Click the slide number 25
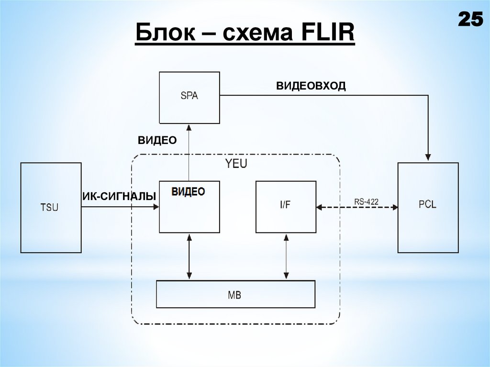[471, 20]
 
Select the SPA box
[189, 96]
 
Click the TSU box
[51, 207]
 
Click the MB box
[235, 294]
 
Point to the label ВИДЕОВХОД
[310, 86]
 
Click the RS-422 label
[366, 201]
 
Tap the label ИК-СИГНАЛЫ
[120, 196]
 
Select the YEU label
[236, 164]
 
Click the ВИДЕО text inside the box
[189, 191]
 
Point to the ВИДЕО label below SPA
[157, 140]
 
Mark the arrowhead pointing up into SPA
[189, 128]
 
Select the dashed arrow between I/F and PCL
[357, 207]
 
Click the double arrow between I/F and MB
[286, 256]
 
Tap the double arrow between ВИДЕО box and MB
[189, 256]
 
